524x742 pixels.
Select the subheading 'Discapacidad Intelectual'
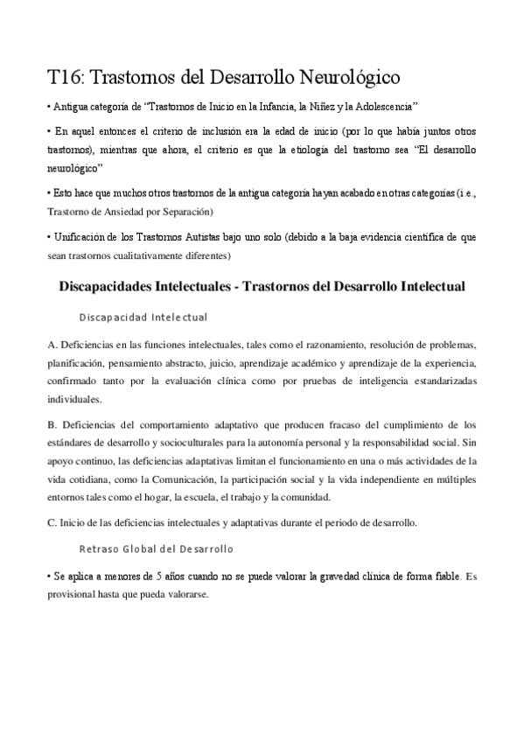143,316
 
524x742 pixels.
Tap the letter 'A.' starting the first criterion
52,344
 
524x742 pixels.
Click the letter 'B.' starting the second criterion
52,425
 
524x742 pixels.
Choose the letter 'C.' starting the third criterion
52,522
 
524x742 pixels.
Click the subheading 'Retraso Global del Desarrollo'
156,549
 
